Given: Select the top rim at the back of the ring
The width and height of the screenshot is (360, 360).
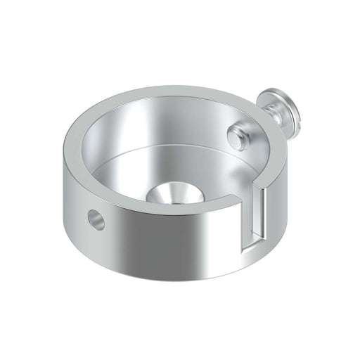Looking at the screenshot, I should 176,91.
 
